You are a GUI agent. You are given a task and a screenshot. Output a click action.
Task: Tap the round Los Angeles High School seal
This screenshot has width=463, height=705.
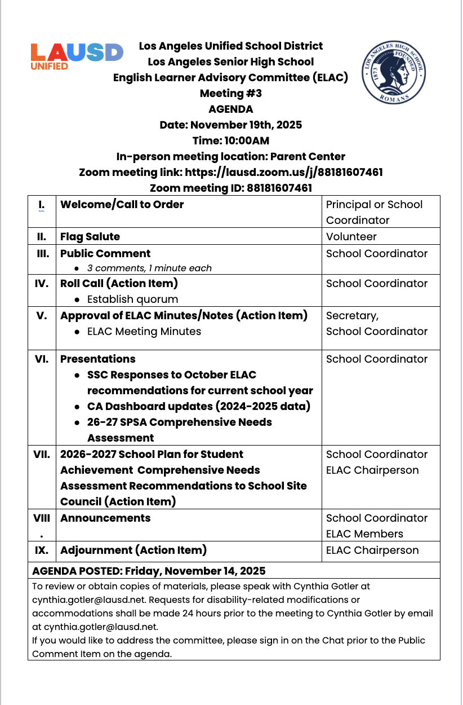coord(393,72)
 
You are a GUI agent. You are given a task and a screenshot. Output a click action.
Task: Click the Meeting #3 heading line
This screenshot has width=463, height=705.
coord(230,93)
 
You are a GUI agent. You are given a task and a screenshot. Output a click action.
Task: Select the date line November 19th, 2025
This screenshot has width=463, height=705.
coord(230,125)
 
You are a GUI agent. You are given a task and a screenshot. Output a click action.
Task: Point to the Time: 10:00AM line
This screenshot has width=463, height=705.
coord(230,140)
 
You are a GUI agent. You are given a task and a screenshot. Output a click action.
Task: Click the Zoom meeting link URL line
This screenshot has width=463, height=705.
coord(230,172)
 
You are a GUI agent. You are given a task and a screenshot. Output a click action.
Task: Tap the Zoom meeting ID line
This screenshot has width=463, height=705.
coord(230,188)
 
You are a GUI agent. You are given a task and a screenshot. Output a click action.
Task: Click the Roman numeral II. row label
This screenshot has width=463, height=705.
coord(42,236)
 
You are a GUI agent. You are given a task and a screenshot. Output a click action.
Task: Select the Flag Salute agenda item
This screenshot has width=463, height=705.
coord(90,236)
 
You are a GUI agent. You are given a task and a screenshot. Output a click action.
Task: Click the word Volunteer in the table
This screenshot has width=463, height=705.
coord(351,236)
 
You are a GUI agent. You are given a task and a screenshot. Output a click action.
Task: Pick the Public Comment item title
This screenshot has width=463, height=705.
coord(105,253)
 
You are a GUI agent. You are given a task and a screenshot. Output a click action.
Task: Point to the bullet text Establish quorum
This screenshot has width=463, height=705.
coord(132,299)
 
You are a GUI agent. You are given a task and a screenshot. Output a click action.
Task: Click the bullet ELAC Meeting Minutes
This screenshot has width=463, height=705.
coord(144,331)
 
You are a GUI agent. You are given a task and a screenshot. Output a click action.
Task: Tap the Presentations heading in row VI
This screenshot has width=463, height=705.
coord(98,359)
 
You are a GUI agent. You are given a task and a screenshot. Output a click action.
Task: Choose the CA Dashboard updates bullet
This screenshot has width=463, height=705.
coord(198,406)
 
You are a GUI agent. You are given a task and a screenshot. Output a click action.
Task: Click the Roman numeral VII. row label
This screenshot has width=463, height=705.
coord(42,454)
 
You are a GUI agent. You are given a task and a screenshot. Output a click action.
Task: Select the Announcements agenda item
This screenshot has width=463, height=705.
coord(105,518)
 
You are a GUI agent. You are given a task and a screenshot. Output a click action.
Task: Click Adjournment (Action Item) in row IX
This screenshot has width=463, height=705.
coord(133,550)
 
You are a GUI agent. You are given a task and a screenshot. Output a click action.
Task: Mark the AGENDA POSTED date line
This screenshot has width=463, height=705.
coord(149,571)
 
